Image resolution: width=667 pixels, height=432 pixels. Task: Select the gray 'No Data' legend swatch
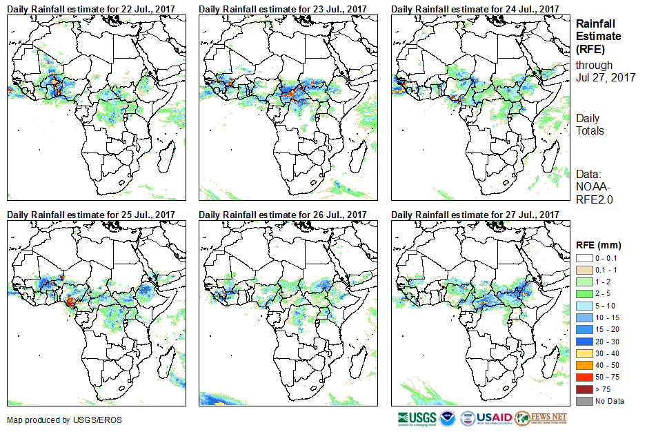(x=584, y=401)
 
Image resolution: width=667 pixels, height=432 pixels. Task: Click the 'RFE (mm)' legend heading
(x=599, y=244)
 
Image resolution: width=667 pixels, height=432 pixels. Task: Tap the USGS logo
(x=417, y=419)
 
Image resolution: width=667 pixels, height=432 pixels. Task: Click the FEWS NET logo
(x=542, y=419)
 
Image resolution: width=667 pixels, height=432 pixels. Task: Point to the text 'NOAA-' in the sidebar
(x=591, y=186)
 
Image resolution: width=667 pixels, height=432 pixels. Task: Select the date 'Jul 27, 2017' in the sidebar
(x=606, y=77)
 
